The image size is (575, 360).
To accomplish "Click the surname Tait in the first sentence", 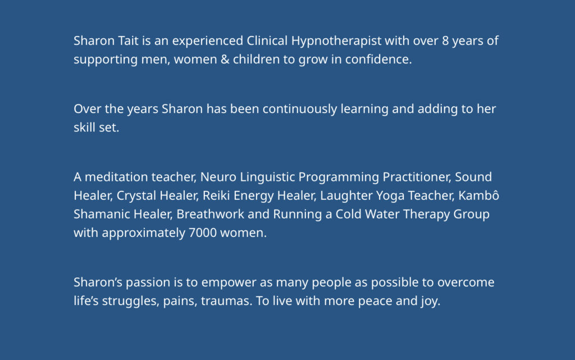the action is [x=129, y=40].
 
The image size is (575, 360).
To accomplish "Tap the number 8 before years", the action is [x=445, y=40].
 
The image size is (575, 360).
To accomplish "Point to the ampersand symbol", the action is [x=225, y=60].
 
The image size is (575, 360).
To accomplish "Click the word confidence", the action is [x=378, y=59].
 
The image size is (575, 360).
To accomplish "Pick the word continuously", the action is [x=300, y=110].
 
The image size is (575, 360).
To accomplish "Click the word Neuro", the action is [x=218, y=177].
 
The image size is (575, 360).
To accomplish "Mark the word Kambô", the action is [x=478, y=195].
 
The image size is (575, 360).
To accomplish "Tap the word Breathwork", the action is [x=210, y=214].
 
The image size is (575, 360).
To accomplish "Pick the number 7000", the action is [x=202, y=233].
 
